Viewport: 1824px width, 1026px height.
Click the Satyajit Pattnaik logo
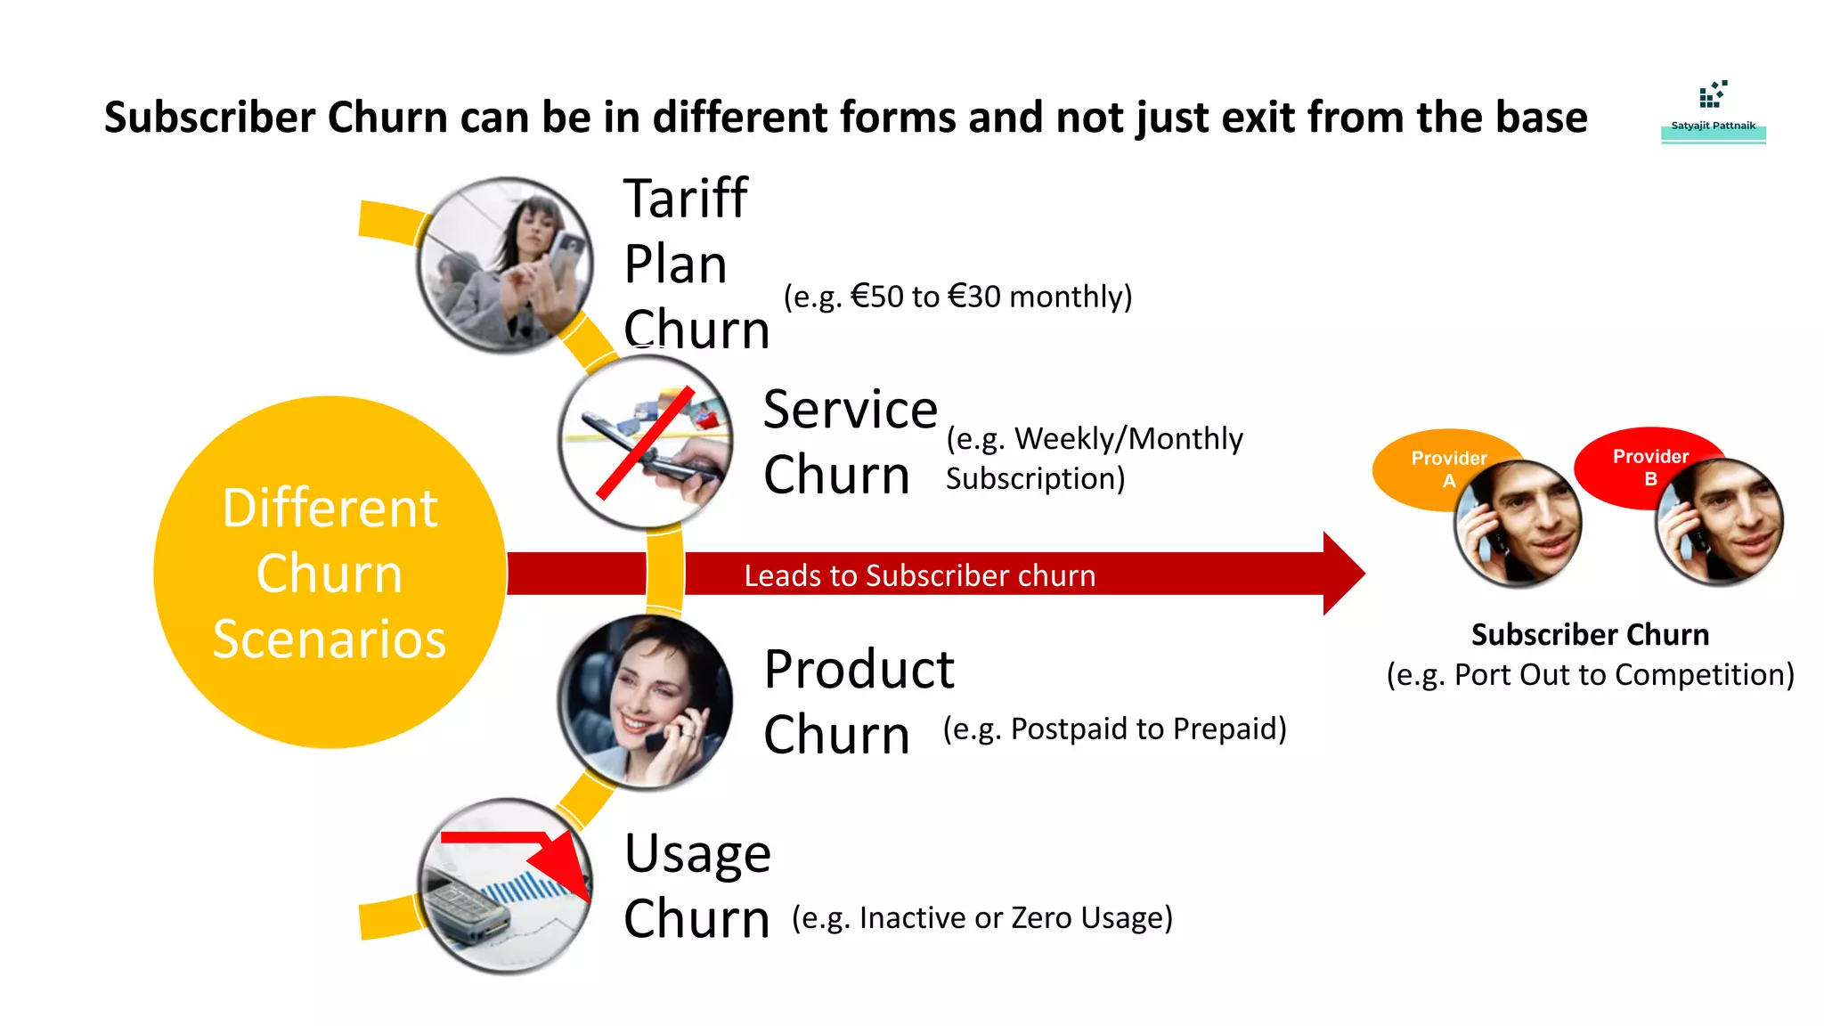coord(1713,111)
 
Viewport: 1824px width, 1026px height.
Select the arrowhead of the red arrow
coord(1343,574)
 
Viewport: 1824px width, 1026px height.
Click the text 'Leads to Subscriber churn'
coord(920,576)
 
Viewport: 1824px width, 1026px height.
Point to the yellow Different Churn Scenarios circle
coord(330,573)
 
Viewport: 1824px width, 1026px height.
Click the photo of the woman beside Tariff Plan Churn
coord(506,265)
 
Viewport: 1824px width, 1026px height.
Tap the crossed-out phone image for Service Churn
coord(646,442)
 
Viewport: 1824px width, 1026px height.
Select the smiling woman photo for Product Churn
coord(646,702)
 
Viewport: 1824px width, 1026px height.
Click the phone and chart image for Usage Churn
coord(506,886)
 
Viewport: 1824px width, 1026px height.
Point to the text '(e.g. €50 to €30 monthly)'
coord(957,297)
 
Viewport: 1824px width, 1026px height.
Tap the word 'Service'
coord(851,410)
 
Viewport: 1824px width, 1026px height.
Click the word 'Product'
coord(859,669)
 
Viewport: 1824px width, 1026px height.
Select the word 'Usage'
coord(697,853)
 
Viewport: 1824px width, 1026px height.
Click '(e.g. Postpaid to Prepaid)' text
coord(1114,729)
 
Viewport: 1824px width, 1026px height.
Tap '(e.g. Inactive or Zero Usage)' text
coord(982,917)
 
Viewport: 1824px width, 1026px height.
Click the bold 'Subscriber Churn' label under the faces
coord(1590,635)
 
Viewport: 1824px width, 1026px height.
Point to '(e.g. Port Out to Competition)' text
coord(1590,675)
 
